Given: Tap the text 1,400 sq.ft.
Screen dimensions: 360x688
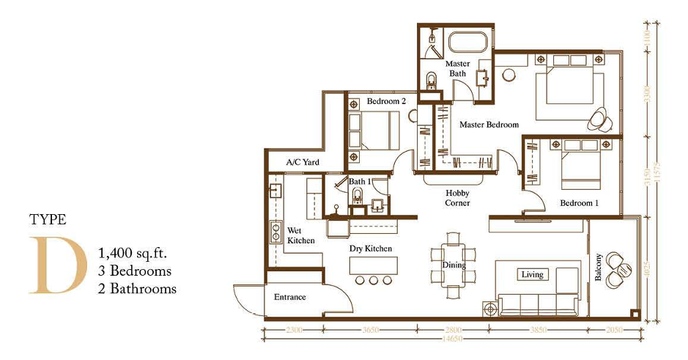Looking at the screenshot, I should point(133,254).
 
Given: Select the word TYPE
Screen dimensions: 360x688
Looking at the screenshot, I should point(48,219).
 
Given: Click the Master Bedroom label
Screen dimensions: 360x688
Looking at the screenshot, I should point(489,125).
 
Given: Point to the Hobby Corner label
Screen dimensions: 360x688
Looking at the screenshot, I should point(458,198).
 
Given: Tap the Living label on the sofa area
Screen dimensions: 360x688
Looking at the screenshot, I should point(532,274).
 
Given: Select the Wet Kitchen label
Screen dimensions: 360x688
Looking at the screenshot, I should point(301,235).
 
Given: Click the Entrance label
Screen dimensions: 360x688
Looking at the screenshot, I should point(289,297).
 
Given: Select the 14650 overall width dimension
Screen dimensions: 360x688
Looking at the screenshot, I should point(453,340).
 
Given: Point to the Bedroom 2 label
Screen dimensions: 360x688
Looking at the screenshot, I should point(386,101).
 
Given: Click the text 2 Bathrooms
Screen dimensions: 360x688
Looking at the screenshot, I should point(137,288).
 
